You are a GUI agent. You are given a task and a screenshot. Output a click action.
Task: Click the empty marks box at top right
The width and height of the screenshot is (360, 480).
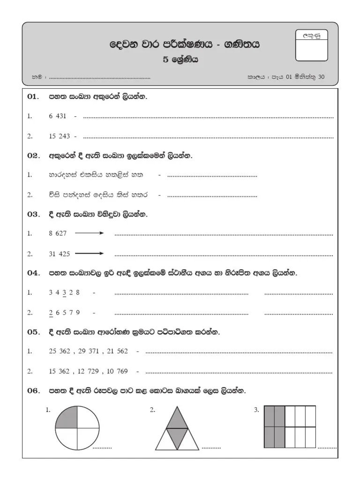[311, 50]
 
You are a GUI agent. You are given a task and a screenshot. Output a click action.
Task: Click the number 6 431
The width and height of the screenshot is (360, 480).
[58, 117]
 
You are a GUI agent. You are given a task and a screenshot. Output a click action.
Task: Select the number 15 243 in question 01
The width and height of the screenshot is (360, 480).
[59, 136]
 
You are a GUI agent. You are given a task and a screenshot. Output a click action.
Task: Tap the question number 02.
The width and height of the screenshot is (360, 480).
[34, 156]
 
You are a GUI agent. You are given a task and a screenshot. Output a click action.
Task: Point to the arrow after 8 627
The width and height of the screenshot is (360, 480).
[90, 233]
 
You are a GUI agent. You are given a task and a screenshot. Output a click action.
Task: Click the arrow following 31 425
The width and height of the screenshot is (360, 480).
[90, 254]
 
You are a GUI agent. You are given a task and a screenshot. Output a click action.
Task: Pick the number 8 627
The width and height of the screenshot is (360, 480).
[58, 233]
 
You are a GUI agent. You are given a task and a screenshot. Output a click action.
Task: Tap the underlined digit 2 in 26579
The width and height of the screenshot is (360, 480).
[51, 313]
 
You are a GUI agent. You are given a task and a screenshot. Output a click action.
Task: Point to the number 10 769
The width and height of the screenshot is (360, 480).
[117, 371]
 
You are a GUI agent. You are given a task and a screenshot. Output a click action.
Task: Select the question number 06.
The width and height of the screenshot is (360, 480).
[34, 390]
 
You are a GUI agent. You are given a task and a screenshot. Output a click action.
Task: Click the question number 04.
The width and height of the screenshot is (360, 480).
[34, 273]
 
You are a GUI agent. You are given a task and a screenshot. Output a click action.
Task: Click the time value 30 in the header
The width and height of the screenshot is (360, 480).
[321, 78]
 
